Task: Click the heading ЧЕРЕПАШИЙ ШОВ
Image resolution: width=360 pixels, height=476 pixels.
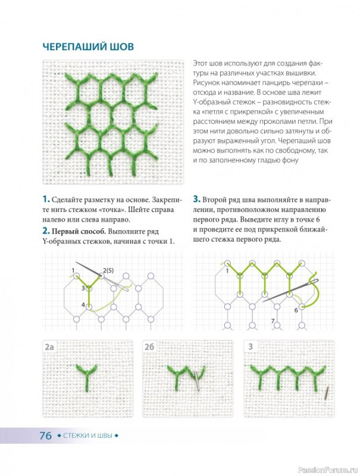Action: pyautogui.click(x=88, y=47)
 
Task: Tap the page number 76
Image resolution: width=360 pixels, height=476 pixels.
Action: pyautogui.click(x=46, y=436)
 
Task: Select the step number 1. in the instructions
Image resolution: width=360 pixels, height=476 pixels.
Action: pyautogui.click(x=46, y=199)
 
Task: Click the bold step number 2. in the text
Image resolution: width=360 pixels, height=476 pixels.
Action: pyautogui.click(x=46, y=231)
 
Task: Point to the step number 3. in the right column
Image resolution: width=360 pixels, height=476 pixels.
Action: pyautogui.click(x=197, y=199)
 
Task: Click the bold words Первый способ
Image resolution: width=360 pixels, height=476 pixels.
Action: pyautogui.click(x=79, y=231)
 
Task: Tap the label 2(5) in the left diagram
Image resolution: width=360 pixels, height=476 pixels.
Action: pyautogui.click(x=108, y=270)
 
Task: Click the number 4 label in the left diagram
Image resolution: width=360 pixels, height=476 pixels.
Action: pyautogui.click(x=83, y=305)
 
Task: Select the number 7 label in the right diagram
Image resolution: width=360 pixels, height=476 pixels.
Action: pyautogui.click(x=273, y=321)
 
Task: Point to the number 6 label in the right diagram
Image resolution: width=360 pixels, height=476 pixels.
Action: pyautogui.click(x=296, y=310)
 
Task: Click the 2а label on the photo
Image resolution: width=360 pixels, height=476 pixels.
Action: pyautogui.click(x=49, y=347)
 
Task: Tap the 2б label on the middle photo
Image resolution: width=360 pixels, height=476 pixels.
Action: pyautogui.click(x=149, y=347)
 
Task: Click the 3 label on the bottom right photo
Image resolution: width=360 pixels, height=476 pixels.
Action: pyautogui.click(x=251, y=347)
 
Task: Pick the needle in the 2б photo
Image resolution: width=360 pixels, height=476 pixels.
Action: pyautogui.click(x=196, y=381)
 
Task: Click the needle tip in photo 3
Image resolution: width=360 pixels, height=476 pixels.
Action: pyautogui.click(x=325, y=397)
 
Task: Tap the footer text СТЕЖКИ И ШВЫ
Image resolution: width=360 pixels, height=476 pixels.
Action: pyautogui.click(x=87, y=436)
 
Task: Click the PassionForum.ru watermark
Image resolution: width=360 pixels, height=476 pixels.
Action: pyautogui.click(x=328, y=469)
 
